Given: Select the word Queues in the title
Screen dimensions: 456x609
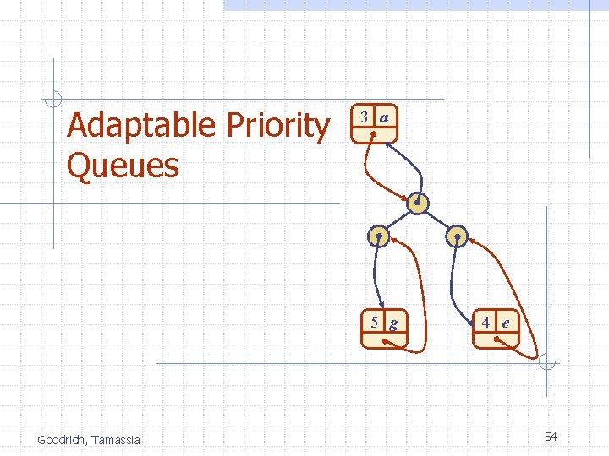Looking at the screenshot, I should point(123,166).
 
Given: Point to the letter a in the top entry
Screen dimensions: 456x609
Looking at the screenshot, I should point(384,117).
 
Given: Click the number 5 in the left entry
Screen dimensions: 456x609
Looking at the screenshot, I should point(374,322).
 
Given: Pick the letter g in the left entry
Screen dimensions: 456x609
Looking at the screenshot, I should point(394,322).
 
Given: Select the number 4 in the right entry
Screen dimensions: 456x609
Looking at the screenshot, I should point(486,322).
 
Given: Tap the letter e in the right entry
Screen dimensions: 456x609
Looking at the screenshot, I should point(506,322).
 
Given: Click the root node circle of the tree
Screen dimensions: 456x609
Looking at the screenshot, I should point(419,204).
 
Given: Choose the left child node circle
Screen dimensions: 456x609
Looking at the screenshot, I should point(380,236).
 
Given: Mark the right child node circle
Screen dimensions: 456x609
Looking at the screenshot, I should point(456,236).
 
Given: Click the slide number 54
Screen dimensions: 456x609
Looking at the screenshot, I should point(551,437).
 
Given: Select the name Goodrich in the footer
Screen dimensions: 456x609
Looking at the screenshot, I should point(63,439).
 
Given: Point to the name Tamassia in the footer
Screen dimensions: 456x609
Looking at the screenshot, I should point(117,439).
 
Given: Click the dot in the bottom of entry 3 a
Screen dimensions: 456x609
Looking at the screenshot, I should point(373,133).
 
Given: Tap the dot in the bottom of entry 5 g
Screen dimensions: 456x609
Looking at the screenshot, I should point(385,340).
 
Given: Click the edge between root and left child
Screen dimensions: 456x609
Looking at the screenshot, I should point(399,220).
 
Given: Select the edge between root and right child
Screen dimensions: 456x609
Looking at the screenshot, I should point(437,220).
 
